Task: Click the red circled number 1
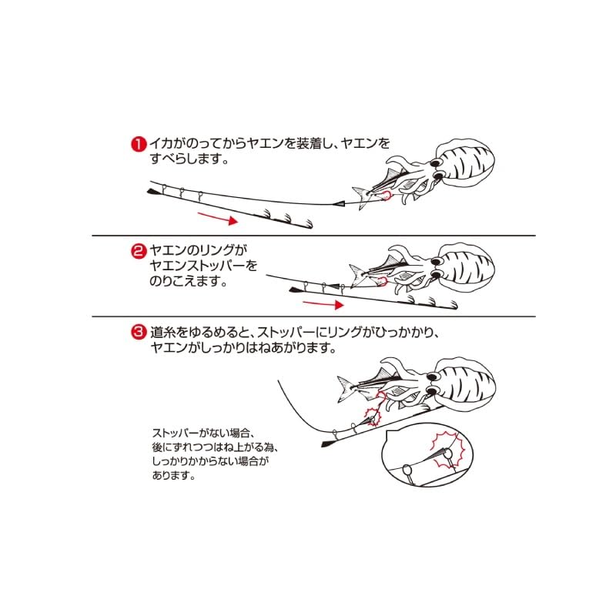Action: [x=139, y=144]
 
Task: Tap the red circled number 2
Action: [x=139, y=251]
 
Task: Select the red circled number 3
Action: [x=139, y=333]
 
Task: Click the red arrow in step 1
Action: [x=218, y=218]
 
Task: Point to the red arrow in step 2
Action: [x=323, y=303]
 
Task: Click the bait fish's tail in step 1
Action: [x=360, y=196]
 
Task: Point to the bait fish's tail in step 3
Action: [x=346, y=388]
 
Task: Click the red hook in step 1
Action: [x=387, y=196]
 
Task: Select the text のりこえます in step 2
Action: [x=189, y=281]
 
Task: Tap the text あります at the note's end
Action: [x=174, y=475]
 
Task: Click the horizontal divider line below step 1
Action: [x=313, y=236]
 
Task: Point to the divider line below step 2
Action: [x=313, y=316]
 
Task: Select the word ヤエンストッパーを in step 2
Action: [x=203, y=266]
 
